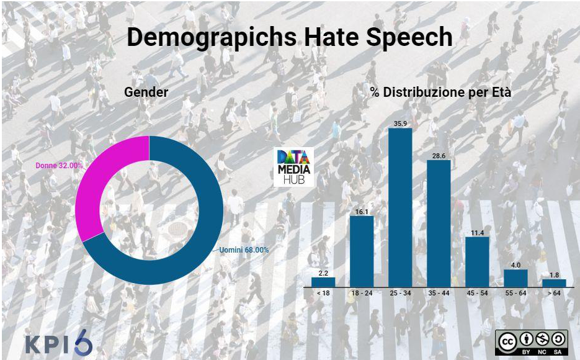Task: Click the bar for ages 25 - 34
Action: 400,207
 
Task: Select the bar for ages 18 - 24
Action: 362,251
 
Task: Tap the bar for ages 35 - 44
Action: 439,223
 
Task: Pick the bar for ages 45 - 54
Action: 477,261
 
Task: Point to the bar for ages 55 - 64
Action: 515,278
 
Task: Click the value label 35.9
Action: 400,123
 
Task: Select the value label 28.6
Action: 439,155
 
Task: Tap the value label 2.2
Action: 323,272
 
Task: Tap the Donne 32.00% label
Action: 60,166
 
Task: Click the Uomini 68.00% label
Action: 244,250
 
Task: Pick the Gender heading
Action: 146,92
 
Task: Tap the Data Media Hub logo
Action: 294,167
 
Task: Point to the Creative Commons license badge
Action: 532,342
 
